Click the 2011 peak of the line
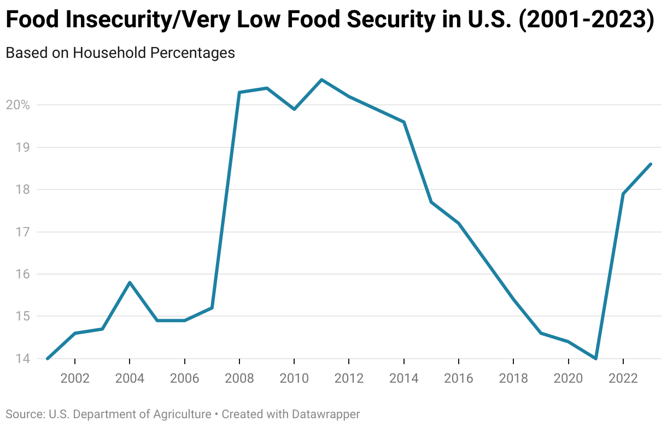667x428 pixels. pyautogui.click(x=321, y=80)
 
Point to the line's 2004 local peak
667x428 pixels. pyautogui.click(x=130, y=282)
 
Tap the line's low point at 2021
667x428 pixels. pyautogui.click(x=595, y=359)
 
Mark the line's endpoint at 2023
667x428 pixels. pyautogui.click(x=651, y=164)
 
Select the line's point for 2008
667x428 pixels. pyautogui.click(x=239, y=92)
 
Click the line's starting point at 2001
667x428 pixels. pyautogui.click(x=48, y=359)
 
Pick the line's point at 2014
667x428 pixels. pyautogui.click(x=404, y=122)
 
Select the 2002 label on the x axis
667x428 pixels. pyautogui.click(x=75, y=379)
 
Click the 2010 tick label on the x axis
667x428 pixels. pyautogui.click(x=294, y=379)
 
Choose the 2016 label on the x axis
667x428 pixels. pyautogui.click(x=459, y=379)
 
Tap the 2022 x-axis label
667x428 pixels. pyautogui.click(x=623, y=379)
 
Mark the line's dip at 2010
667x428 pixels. pyautogui.click(x=294, y=109)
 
